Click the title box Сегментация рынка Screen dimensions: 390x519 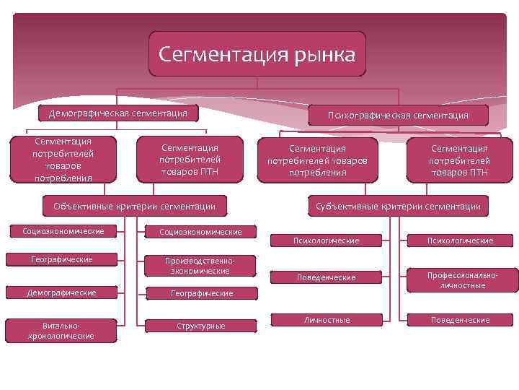257,54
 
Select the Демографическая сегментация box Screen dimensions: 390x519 118,113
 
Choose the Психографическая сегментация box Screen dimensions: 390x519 398,116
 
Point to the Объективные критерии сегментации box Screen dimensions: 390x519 135,207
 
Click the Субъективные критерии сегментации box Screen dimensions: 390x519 398,207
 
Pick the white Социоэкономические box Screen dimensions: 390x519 63,231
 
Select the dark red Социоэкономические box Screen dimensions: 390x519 200,232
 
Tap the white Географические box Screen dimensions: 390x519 63,259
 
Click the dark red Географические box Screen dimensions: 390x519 200,294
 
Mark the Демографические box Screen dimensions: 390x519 63,292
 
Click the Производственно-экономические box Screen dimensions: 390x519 200,266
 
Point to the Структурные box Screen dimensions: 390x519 200,326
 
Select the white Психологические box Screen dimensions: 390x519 327,240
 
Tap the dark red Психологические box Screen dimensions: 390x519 459,240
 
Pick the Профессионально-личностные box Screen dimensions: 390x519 461,281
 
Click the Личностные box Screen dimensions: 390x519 327,320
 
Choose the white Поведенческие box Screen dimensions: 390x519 327,278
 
